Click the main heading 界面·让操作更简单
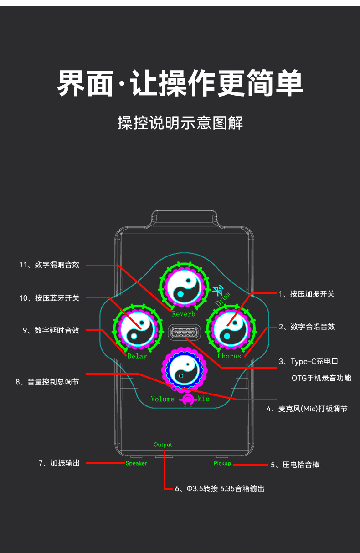[180, 83]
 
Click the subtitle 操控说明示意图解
[180, 123]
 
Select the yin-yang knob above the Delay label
[137, 328]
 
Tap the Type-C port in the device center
[184, 333]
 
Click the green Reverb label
[183, 314]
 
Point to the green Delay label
[137, 356]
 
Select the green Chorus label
[229, 356]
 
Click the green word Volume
[162, 399]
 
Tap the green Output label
[163, 445]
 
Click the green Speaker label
[136, 463]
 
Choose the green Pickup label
[222, 463]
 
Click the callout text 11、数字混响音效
[49, 265]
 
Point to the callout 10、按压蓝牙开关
[49, 298]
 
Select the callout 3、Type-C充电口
[309, 362]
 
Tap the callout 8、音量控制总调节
[47, 382]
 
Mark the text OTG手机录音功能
[321, 378]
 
